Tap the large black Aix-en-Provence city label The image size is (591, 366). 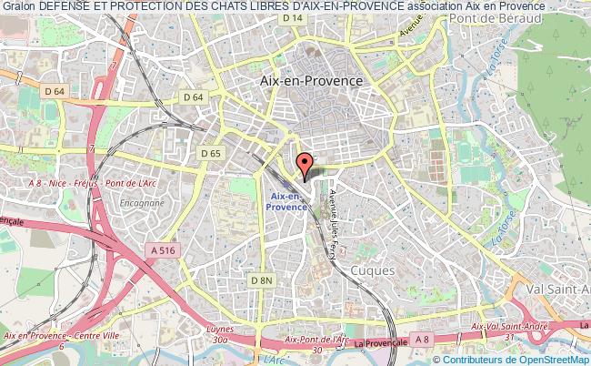click(311, 80)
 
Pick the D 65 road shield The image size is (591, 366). click(210, 154)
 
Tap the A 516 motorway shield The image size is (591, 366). click(165, 249)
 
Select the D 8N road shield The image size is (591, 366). click(263, 280)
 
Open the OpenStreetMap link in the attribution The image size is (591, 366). click(551, 360)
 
